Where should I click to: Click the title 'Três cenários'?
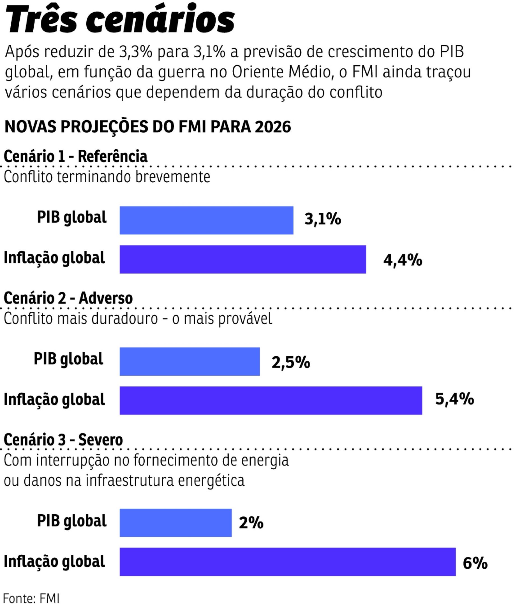120,20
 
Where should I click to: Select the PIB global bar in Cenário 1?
206,220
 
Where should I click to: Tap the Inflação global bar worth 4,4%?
243,259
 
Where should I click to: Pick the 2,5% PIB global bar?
190,361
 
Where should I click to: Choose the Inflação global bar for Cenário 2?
271,400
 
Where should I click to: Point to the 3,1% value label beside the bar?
322,219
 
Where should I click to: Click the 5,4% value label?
454,399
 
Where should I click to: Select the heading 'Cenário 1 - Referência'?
75,156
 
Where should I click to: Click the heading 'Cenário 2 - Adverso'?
68,298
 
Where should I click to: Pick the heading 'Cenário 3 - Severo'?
63,440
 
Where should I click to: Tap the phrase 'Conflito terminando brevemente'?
107,177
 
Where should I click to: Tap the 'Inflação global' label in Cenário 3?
54,561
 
